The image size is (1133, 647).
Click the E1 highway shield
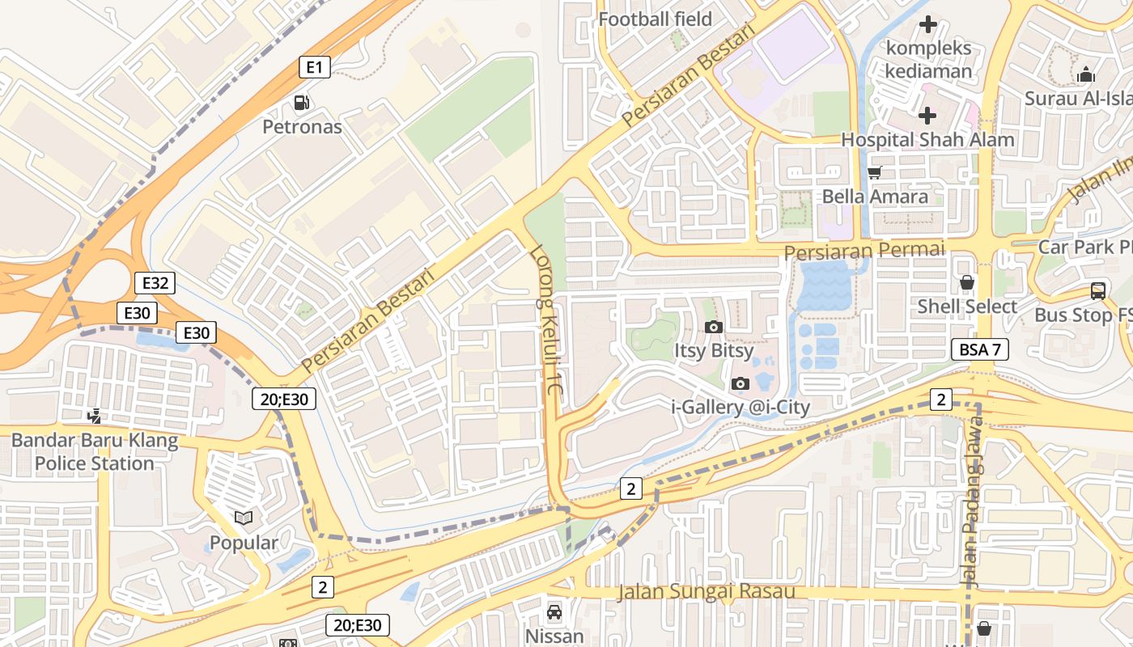315,67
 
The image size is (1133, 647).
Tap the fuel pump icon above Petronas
302,103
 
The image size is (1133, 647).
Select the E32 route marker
155,283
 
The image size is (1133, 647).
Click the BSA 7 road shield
980,350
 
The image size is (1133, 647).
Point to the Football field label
656,19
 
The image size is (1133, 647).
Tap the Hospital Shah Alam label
927,139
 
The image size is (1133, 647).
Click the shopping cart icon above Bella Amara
874,172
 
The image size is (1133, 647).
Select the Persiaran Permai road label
864,251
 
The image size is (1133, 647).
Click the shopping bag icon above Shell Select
966,283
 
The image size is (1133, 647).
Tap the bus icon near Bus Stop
1098,291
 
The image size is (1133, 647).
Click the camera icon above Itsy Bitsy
713,328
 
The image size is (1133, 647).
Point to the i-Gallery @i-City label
741,407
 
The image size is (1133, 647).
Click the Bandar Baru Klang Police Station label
95,452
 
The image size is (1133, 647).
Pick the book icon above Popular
244,518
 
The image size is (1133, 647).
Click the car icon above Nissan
554,611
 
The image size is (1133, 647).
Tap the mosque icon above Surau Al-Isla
1086,75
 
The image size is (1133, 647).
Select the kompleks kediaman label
928,59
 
